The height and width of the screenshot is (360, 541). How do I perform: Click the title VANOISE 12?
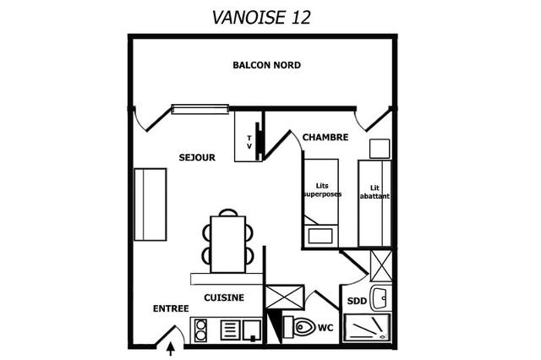pyautogui.click(x=261, y=17)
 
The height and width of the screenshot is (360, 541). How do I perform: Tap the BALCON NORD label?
pyautogui.click(x=267, y=65)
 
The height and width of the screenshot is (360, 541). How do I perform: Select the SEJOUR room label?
pyautogui.click(x=197, y=157)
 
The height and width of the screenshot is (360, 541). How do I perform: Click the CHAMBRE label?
pyautogui.click(x=325, y=137)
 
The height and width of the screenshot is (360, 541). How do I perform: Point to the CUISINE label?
pyautogui.click(x=224, y=297)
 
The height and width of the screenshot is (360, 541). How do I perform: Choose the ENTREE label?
pyautogui.click(x=171, y=308)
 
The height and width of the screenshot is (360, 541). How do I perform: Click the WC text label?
pyautogui.click(x=325, y=328)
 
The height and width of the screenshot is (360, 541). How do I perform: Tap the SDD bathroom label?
pyautogui.click(x=357, y=301)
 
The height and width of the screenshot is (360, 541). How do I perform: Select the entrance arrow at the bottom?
pyautogui.click(x=171, y=348)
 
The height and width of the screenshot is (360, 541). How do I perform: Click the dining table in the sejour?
pyautogui.click(x=228, y=244)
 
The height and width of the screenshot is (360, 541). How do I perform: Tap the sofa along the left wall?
pyautogui.click(x=150, y=205)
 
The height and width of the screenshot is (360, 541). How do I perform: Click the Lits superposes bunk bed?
pyautogui.click(x=320, y=203)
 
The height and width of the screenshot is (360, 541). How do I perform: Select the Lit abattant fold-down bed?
pyautogui.click(x=374, y=204)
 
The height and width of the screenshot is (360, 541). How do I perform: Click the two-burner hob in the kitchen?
pyautogui.click(x=200, y=330)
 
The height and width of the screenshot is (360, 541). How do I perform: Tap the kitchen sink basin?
pyautogui.click(x=252, y=330)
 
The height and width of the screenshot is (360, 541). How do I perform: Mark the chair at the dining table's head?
pyautogui.click(x=228, y=211)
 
